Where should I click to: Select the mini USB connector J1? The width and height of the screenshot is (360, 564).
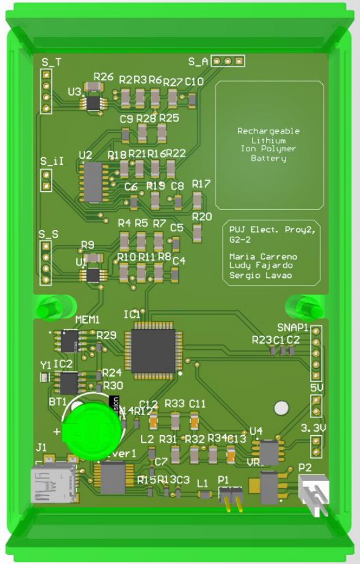click(53, 483)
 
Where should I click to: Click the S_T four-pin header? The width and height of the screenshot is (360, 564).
click(45, 91)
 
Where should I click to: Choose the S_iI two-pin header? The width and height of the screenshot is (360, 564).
click(45, 180)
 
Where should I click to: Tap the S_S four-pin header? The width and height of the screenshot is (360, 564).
click(45, 262)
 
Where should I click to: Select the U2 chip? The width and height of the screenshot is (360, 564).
click(93, 182)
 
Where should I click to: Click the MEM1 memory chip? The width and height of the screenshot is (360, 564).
click(69, 342)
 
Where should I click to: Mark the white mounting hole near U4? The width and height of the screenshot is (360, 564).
click(281, 408)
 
